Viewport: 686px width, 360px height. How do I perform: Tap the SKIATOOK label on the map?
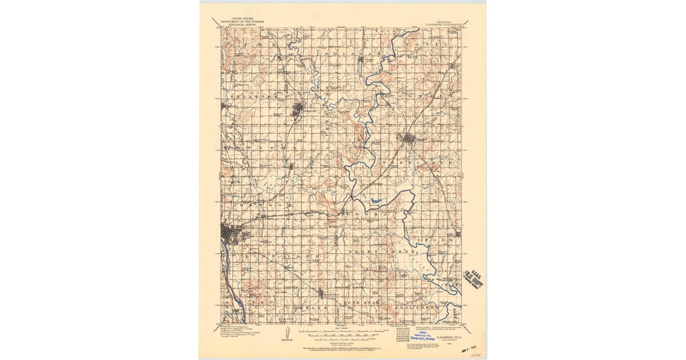(249, 97)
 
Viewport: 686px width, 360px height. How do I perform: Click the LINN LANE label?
(286, 257)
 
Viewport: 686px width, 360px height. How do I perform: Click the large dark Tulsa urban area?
(232, 233)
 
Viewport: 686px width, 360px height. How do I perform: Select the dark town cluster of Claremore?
(408, 137)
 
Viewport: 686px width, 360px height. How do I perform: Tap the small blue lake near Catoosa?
(375, 200)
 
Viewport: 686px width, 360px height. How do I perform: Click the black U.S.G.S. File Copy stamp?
(474, 277)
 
